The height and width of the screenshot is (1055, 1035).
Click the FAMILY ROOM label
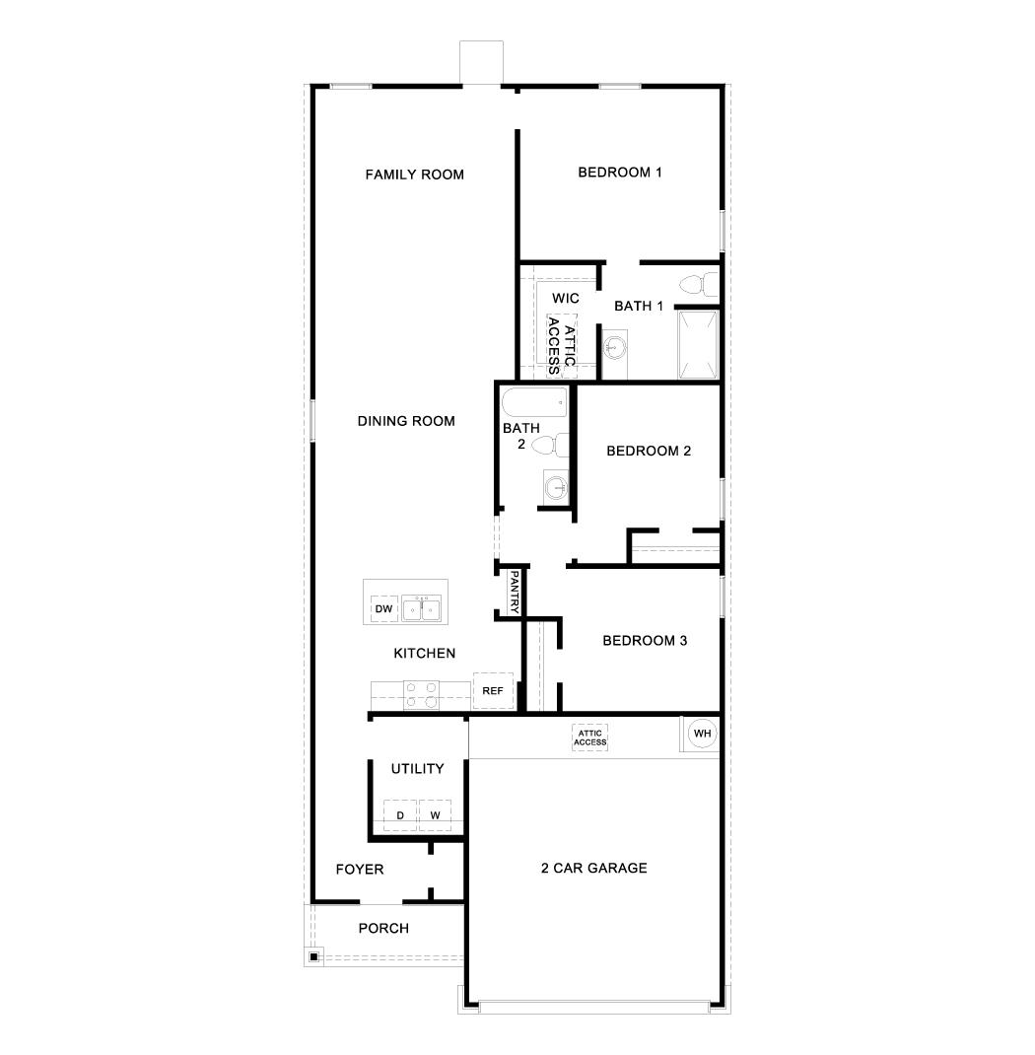coord(414,175)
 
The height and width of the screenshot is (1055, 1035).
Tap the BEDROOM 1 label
coord(619,173)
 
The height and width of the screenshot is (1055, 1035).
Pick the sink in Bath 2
coord(557,485)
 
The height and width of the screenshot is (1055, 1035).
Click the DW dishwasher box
coord(384,609)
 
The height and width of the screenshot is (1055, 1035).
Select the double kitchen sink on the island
coord(422,609)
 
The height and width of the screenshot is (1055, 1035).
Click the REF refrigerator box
coord(493,691)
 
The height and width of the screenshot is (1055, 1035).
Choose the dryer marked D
coord(400,815)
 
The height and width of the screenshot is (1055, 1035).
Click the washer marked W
coord(435,815)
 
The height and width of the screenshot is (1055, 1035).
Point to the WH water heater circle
coord(702,733)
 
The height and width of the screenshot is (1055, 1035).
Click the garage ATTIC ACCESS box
coord(590,738)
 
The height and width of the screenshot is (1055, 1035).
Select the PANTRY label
coord(514,594)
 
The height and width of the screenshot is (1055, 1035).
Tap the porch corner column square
coord(312,955)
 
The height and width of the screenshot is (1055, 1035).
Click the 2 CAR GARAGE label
coord(593,869)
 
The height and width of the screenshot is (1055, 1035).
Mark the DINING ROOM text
coord(406,421)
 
